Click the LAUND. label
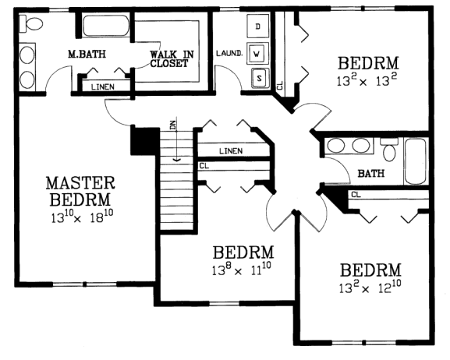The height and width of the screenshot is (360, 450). point(227,54)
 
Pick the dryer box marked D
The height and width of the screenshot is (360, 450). point(258,27)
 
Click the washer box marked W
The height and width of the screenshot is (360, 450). point(258,53)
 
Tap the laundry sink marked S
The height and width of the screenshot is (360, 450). point(258,77)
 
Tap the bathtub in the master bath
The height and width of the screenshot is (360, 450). point(106,30)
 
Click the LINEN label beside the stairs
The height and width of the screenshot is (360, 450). point(230,150)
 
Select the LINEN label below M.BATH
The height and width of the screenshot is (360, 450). point(101,86)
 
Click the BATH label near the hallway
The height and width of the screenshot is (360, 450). point(370,173)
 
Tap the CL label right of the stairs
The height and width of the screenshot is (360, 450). point(204,165)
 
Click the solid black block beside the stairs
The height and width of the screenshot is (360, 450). point(144,143)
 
